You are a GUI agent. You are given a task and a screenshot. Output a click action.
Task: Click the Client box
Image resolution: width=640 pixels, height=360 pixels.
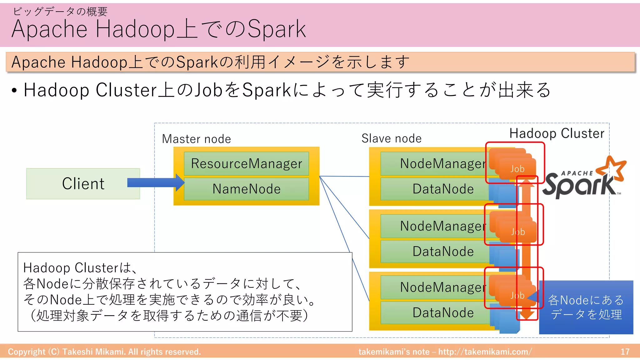tap(83, 184)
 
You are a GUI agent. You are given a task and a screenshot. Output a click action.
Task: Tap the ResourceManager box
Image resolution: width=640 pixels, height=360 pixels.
tap(246, 164)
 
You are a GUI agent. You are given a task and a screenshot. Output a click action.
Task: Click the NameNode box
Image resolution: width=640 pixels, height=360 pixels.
tap(246, 189)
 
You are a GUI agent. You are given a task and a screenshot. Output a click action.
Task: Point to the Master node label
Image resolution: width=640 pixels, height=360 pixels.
tap(196, 139)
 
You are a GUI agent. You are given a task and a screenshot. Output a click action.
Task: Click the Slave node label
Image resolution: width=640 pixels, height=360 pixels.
tap(391, 138)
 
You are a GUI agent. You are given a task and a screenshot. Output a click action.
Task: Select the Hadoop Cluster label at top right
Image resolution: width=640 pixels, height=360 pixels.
tap(557, 133)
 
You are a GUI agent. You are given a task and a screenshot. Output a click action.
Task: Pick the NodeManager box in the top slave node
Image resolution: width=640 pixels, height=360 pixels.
tap(437, 164)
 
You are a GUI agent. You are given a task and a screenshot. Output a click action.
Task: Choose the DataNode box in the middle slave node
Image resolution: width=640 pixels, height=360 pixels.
tap(437, 252)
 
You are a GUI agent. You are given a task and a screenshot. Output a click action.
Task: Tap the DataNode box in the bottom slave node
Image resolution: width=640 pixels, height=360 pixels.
tap(437, 313)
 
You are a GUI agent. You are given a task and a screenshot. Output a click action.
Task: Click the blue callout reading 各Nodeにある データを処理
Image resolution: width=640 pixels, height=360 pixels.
tap(586, 307)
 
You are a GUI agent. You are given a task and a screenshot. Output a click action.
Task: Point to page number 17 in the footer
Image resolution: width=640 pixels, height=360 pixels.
tap(625, 352)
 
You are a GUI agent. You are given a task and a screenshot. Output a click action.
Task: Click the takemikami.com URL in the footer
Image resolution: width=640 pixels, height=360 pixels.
tap(485, 352)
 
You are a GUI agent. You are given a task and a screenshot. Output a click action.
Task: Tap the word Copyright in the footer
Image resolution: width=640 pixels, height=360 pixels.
tap(27, 352)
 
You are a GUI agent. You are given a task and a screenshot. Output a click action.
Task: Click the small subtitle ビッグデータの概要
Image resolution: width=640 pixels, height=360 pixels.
tap(60, 12)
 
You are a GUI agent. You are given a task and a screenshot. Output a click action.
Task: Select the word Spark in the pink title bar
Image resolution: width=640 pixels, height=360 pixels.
tap(276, 29)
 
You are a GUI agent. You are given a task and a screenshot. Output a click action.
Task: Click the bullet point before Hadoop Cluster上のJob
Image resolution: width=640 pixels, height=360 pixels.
tap(14, 91)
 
